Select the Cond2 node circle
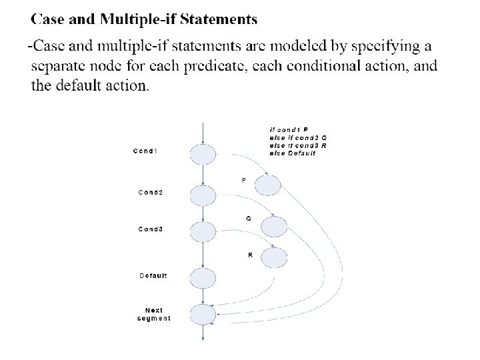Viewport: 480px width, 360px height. (203, 195)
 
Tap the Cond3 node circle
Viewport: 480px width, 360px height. (203, 231)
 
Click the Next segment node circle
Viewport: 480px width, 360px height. (203, 314)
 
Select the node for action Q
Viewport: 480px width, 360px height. (274, 227)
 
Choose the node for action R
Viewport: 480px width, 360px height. (274, 257)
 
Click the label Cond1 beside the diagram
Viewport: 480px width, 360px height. (146, 151)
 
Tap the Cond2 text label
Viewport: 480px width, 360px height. (151, 193)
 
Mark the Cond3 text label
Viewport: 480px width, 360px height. (151, 229)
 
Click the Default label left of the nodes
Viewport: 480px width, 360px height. (153, 275)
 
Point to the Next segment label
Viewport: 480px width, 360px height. (154, 314)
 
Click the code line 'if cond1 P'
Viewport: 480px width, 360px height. (289, 129)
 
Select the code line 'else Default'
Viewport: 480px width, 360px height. (293, 153)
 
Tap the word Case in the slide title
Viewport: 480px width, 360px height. (48, 19)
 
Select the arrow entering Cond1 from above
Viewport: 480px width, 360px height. (203, 132)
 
